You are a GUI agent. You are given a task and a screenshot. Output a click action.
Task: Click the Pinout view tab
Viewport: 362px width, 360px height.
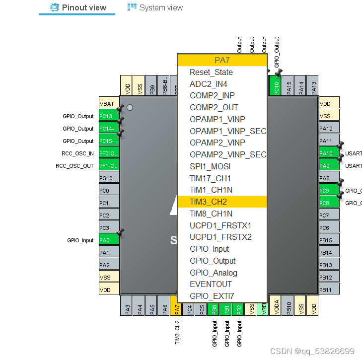tap(78, 7)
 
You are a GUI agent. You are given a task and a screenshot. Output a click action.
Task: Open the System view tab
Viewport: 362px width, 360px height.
tap(155, 7)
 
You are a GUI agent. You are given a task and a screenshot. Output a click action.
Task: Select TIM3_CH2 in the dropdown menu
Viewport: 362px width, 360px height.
tap(208, 202)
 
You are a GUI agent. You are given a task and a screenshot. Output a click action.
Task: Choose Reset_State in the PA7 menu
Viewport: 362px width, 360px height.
tap(211, 72)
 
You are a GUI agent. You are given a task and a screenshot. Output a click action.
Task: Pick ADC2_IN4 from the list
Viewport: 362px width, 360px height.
tap(208, 84)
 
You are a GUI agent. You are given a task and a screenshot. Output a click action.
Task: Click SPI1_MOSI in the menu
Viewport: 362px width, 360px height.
tap(210, 166)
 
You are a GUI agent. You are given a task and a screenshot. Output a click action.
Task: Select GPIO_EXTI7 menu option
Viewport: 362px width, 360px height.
tap(212, 296)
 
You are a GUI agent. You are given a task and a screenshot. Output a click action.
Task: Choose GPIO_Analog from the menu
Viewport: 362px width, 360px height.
tap(213, 273)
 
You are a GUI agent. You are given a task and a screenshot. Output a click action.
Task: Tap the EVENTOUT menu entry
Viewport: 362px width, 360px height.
tap(211, 284)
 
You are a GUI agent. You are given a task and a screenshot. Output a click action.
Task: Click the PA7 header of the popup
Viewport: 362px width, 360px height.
tap(222, 60)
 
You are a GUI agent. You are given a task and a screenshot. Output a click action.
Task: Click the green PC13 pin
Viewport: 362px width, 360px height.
tap(109, 116)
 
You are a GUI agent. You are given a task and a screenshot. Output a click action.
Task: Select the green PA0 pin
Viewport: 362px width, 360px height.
tap(109, 240)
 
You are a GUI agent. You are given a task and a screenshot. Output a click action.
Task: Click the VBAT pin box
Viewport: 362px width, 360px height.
tap(109, 104)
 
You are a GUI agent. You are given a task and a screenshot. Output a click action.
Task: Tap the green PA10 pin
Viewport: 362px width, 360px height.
tap(329, 153)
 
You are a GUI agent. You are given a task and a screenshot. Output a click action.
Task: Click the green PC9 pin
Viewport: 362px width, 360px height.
tap(329, 191)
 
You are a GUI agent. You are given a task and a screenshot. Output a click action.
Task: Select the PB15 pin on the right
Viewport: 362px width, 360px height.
tap(329, 240)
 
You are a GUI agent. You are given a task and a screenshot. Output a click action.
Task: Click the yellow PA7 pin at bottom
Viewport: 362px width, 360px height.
tap(176, 306)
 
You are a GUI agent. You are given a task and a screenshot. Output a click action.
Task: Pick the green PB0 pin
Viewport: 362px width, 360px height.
tap(214, 306)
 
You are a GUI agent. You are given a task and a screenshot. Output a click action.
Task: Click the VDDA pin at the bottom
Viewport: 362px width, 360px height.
tap(276, 306)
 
